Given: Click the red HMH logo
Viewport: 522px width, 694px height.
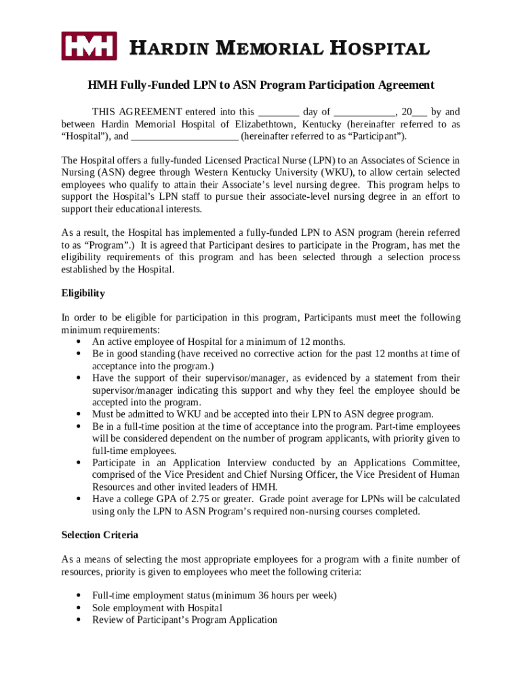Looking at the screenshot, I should [89, 46].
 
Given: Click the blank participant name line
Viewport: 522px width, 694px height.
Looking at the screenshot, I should [184, 136].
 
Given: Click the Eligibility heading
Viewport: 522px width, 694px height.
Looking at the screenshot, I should [83, 293].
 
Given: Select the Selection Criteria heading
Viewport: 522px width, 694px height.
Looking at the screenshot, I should [100, 535].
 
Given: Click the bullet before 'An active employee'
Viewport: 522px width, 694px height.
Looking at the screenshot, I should [79, 342].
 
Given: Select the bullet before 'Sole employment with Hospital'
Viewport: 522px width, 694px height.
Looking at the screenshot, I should [79, 608].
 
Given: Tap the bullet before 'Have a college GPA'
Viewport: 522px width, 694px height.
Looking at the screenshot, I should [79, 499].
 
